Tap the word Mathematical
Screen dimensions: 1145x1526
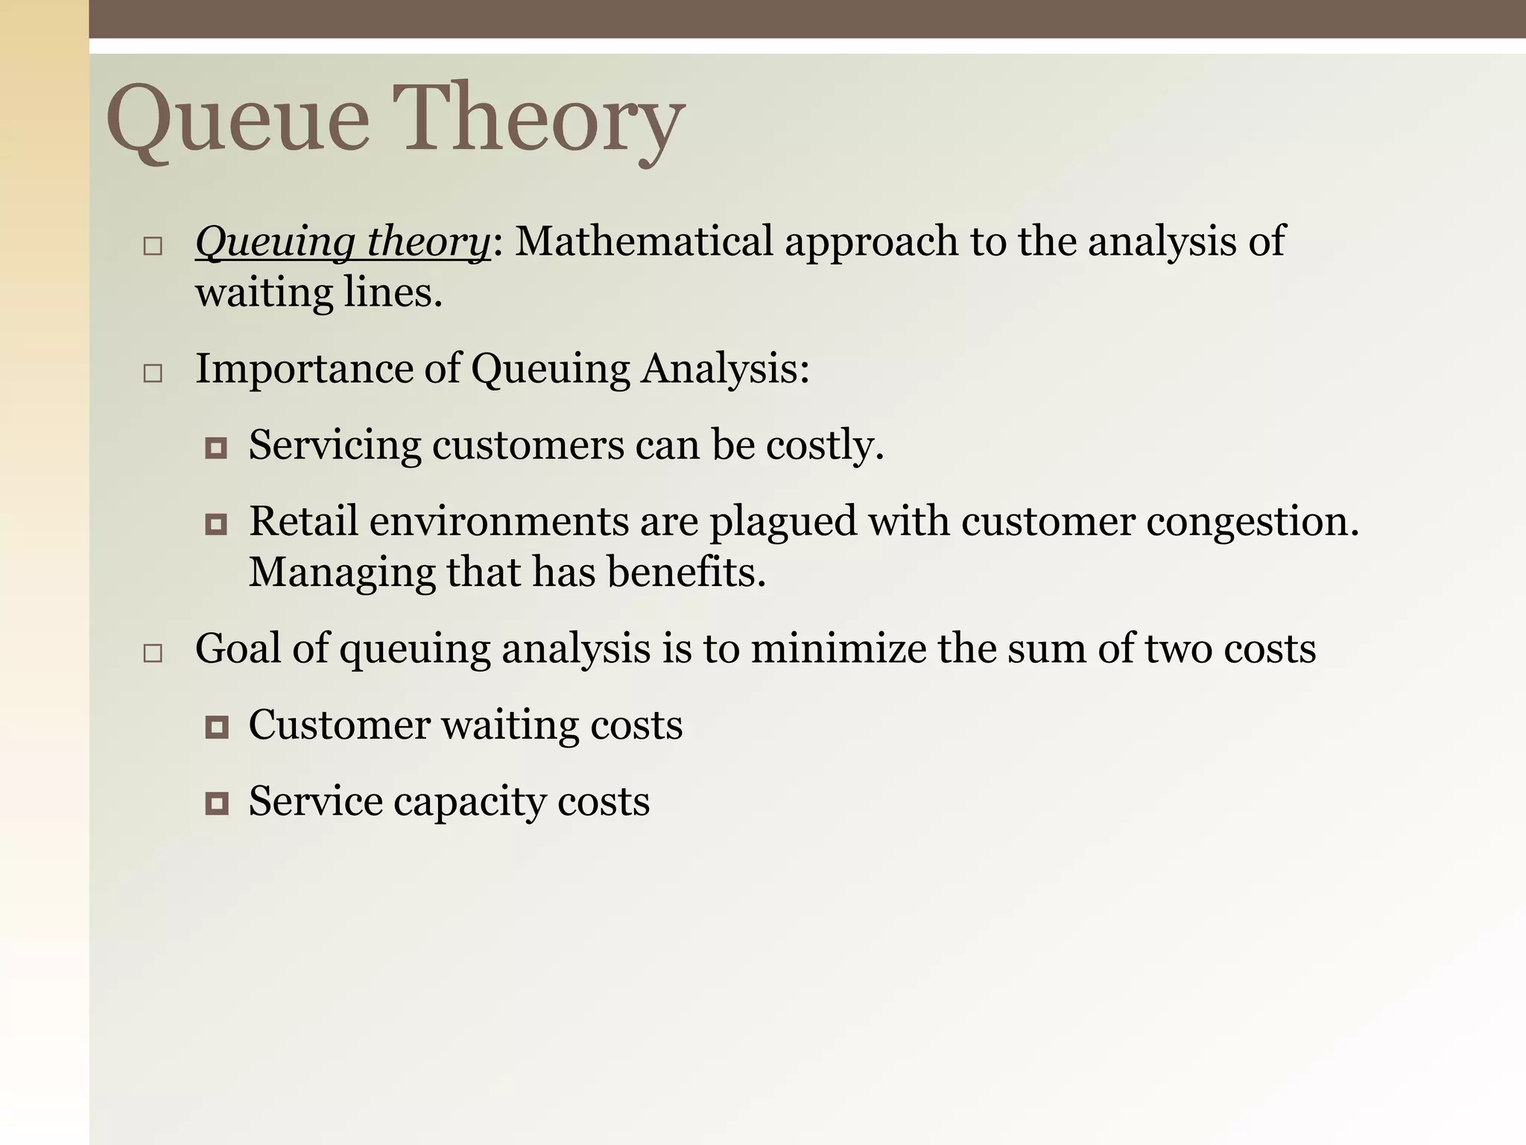pos(644,242)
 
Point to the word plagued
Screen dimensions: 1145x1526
pos(782,522)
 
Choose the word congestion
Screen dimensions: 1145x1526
pos(1252,522)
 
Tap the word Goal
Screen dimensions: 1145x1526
pos(238,649)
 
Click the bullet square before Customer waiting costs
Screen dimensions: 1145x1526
pos(216,727)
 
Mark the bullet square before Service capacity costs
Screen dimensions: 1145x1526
pos(216,803)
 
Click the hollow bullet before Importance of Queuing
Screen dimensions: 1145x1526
pos(153,373)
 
